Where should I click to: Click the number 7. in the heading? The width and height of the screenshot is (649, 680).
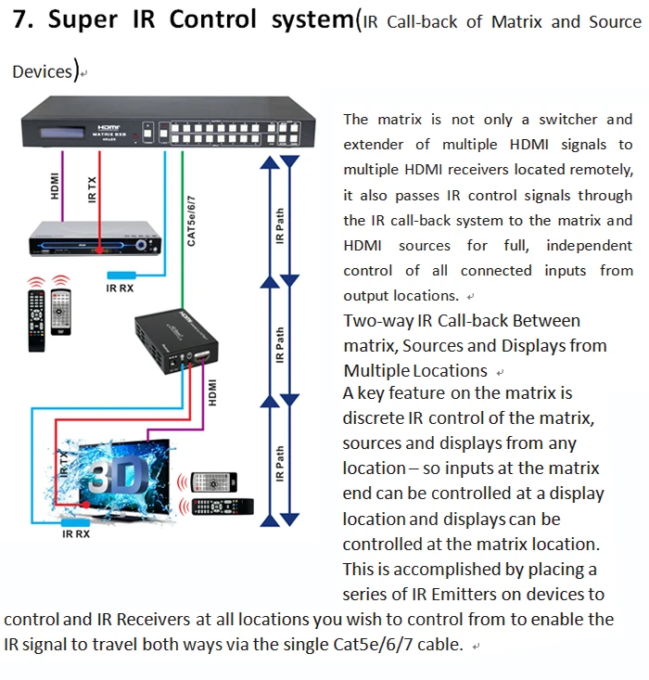point(24,20)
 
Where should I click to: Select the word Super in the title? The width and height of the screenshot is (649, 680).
point(83,20)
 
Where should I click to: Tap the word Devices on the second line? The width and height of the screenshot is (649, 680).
point(42,71)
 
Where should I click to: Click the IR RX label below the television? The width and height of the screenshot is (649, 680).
point(76,533)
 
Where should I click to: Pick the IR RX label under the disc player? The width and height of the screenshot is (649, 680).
point(121,288)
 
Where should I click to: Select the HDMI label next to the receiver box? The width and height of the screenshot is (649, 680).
point(212,391)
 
